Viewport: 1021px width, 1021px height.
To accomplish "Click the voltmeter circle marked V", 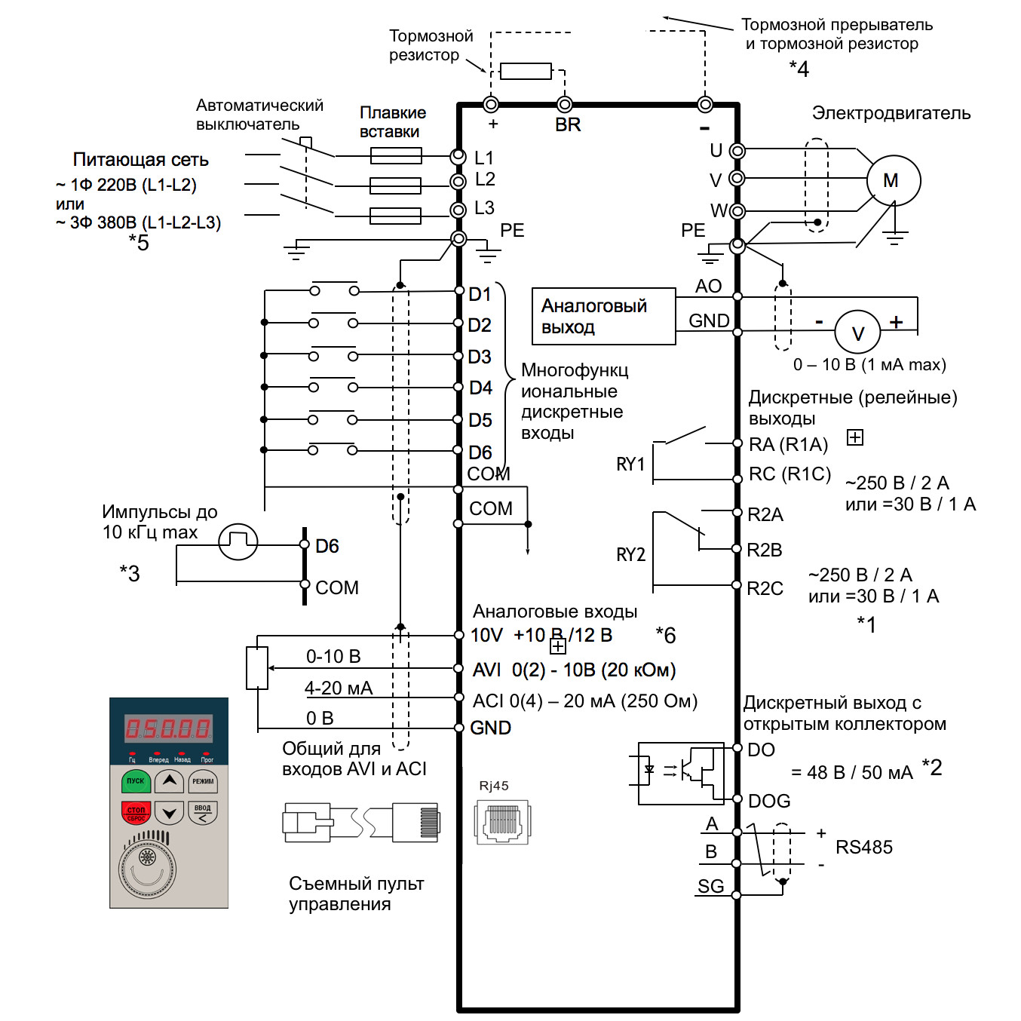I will pos(858,333).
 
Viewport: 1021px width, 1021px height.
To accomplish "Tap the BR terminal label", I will pos(568,125).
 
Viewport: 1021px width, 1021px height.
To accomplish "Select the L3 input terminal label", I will pos(484,208).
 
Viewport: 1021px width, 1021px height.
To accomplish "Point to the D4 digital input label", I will pos(480,388).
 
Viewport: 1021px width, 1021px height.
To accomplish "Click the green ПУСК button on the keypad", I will pos(136,782).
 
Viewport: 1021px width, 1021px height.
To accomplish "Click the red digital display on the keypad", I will pos(168,728).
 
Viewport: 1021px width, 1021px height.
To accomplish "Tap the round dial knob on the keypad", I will pos(147,869).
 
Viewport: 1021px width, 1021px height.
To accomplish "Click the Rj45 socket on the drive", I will pos(502,821).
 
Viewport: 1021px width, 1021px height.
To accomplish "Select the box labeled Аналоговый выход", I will pos(603,316).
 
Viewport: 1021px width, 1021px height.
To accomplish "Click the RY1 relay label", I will pos(630,465).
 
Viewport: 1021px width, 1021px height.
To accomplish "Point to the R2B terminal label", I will pos(764,550).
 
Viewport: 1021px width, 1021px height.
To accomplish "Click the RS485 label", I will pos(863,848).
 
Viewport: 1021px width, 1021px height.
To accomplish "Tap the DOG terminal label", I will pos(769,801).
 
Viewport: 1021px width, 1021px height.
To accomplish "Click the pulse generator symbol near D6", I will pos(238,542).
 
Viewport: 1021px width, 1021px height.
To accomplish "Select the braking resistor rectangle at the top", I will pos(526,72).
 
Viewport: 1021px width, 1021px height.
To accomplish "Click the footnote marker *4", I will pos(799,69).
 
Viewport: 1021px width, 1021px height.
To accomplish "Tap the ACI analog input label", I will pos(488,701).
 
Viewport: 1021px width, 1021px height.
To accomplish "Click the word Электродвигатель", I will pos(891,114).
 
